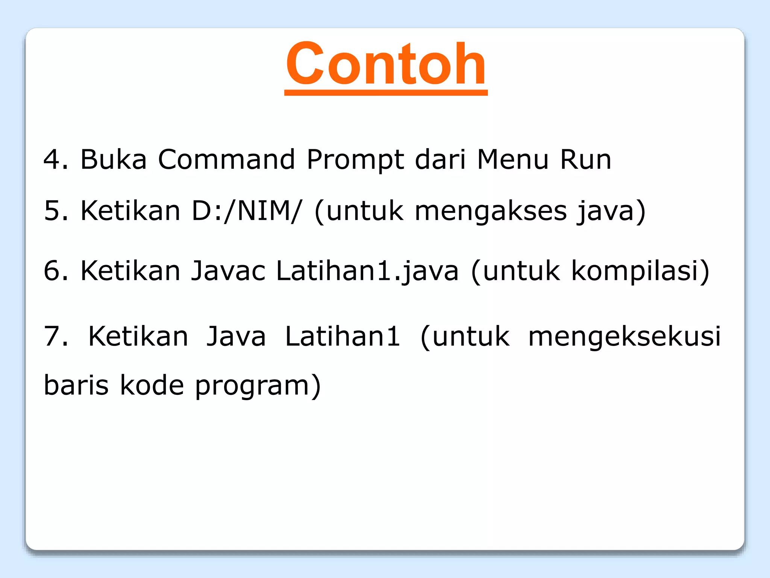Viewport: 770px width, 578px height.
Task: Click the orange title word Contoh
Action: coord(386,64)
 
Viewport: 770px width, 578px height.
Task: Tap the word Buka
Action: coord(113,159)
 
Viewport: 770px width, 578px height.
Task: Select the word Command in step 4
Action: coord(226,159)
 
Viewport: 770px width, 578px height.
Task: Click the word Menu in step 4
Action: coord(513,159)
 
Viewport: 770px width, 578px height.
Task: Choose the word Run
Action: coord(585,159)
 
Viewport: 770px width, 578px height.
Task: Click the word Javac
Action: coord(228,271)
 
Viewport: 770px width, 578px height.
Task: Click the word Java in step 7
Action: coord(236,336)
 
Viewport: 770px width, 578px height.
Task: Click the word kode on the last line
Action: coord(152,385)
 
